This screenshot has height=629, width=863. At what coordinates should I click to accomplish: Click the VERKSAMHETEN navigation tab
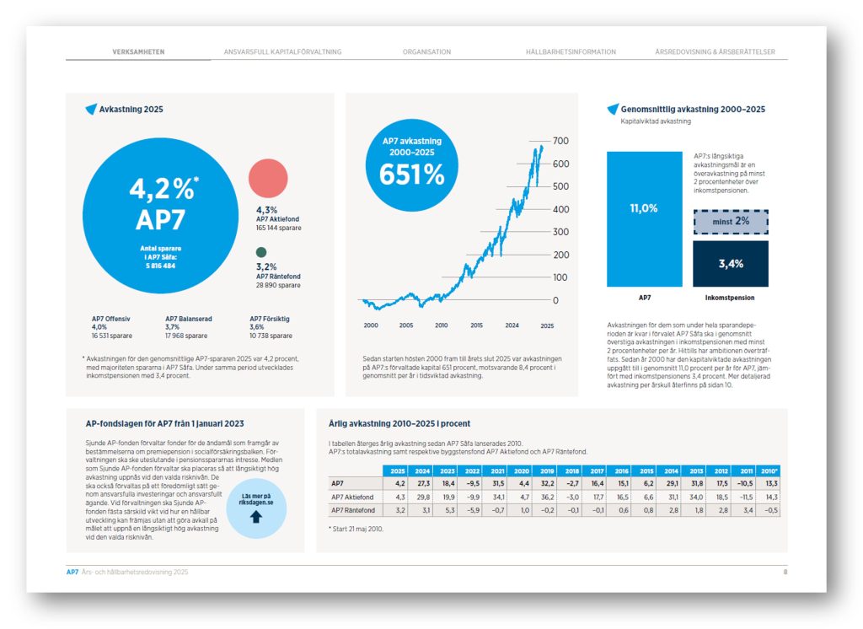click(x=138, y=52)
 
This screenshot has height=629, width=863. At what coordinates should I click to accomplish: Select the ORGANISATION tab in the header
click(x=426, y=52)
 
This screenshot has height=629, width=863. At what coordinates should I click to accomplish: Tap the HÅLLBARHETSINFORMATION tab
click(x=571, y=52)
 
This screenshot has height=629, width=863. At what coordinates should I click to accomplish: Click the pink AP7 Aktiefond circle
click(x=268, y=179)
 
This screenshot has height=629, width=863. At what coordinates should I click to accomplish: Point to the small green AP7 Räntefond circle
click(x=261, y=252)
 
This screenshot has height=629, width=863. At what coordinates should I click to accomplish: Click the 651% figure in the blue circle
click(x=411, y=174)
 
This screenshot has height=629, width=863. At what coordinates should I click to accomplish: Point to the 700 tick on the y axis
click(x=560, y=141)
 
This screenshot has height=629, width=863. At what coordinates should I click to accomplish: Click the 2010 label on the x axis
click(x=441, y=325)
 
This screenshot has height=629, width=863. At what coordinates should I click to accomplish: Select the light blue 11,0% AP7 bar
click(x=644, y=218)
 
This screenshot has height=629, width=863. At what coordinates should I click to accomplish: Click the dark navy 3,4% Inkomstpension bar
click(x=730, y=264)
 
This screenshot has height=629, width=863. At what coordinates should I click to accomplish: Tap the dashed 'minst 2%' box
click(x=730, y=221)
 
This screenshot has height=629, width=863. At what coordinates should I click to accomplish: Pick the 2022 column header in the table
click(x=473, y=470)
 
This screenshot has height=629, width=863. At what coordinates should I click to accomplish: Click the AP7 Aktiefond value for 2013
click(x=695, y=497)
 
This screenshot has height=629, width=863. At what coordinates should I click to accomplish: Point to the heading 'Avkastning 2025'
click(x=131, y=110)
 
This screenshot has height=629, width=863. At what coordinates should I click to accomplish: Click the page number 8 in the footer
click(x=785, y=572)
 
